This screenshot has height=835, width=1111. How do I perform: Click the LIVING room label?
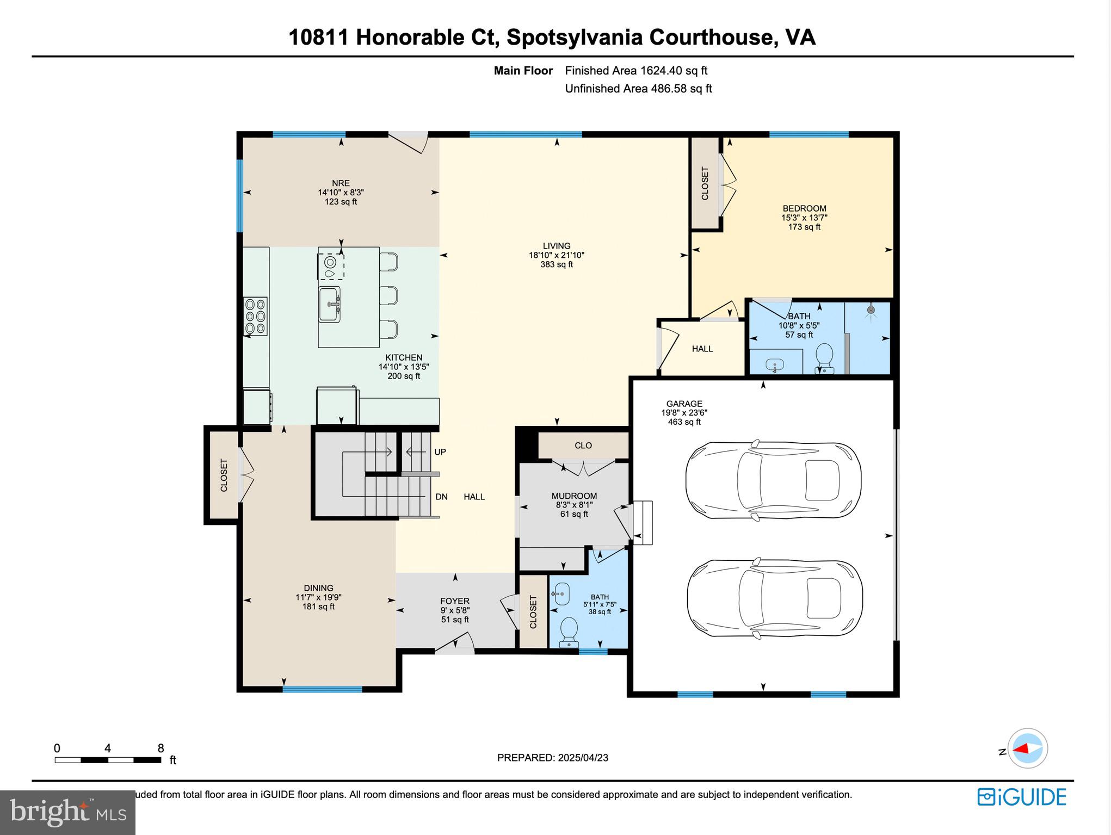556,246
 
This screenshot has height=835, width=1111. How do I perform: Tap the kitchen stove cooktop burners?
255,316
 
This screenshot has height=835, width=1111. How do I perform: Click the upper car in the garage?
773,480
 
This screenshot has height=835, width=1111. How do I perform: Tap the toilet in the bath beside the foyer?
569,630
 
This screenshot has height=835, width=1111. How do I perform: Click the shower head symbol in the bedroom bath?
871,310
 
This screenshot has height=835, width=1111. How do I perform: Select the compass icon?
1027,749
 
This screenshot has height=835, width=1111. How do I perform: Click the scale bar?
108,760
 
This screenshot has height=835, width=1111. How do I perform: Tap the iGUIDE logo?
1022,797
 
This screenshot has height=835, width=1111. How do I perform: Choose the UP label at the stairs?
440,452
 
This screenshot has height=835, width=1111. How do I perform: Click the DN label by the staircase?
441,497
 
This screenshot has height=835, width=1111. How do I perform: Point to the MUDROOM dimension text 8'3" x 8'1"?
574,505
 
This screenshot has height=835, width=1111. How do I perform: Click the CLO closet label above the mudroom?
583,446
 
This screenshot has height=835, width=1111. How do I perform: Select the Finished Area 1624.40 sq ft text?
635,71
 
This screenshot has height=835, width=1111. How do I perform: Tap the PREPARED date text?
552,758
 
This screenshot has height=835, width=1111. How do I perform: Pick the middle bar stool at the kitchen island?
388,295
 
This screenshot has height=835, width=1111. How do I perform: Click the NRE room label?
341,183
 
